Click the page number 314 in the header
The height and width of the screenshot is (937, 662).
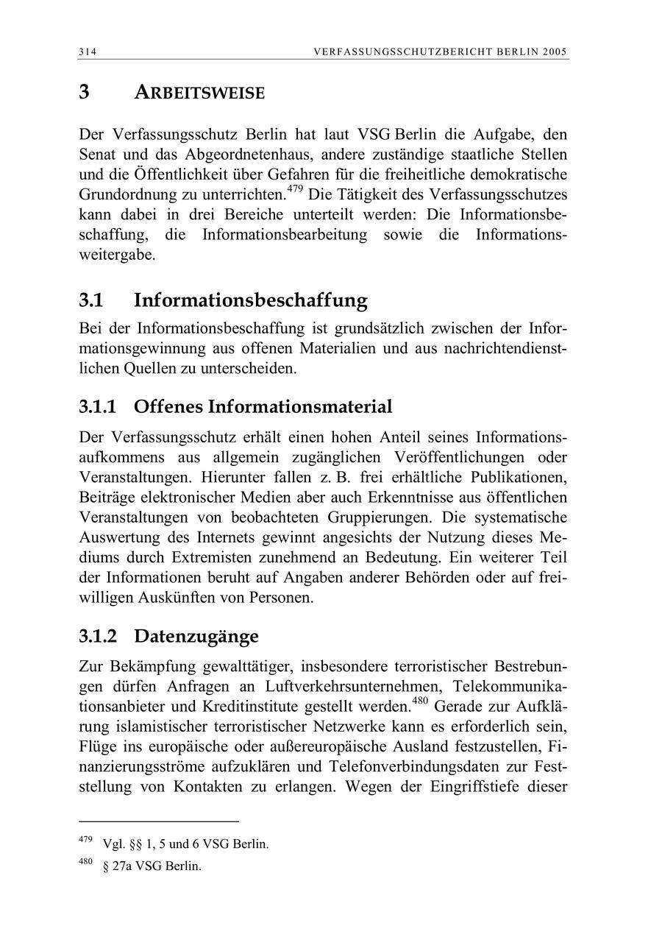[x=88, y=52]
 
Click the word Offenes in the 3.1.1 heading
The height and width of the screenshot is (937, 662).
[x=168, y=406]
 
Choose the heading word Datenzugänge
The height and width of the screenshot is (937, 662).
[x=196, y=635]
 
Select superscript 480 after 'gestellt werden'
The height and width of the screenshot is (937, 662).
[x=420, y=701]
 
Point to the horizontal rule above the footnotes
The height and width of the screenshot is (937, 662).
[x=159, y=821]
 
